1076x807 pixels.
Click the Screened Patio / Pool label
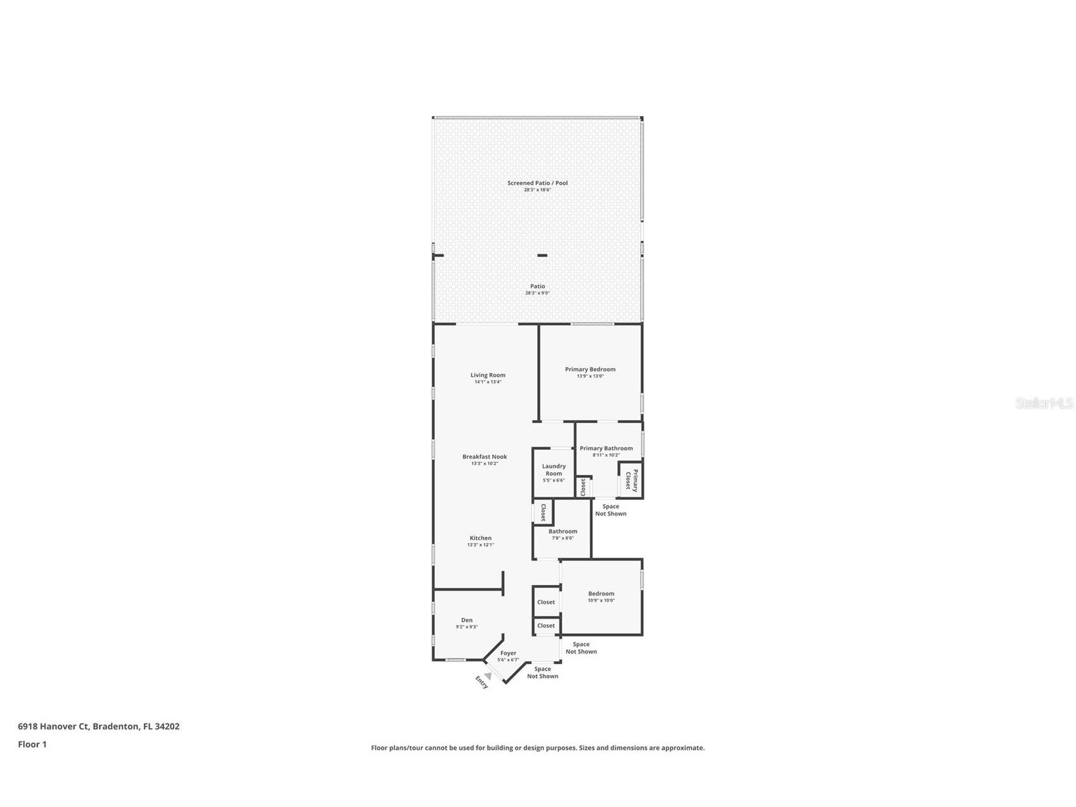click(537, 183)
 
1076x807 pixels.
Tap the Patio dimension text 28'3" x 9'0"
click(537, 293)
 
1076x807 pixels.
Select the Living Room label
click(488, 375)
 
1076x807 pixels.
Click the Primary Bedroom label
click(590, 369)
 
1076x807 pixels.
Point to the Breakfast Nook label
click(484, 457)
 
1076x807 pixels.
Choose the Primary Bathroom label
click(606, 449)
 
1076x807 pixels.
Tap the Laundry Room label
click(554, 470)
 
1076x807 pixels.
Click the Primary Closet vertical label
click(631, 480)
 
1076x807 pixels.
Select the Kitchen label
click(480, 538)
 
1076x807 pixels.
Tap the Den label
click(467, 620)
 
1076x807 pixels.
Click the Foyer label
click(508, 653)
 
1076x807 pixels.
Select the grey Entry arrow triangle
click(488, 676)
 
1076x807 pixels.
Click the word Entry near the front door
click(482, 683)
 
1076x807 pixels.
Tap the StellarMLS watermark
click(1044, 403)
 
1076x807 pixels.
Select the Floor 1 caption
click(32, 744)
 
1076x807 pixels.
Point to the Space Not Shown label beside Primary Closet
click(610, 510)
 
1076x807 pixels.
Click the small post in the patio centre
click(542, 256)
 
